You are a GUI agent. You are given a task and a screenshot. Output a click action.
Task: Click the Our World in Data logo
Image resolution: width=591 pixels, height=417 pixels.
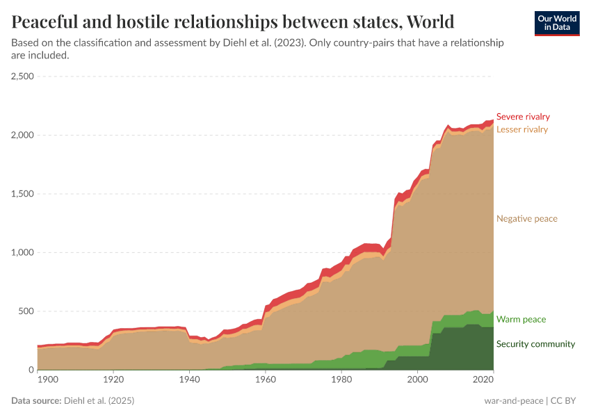click(556, 23)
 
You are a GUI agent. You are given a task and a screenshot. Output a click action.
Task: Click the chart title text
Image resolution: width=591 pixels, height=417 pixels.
click(233, 22)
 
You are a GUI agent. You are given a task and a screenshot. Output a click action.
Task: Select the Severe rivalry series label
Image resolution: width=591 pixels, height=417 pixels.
click(522, 117)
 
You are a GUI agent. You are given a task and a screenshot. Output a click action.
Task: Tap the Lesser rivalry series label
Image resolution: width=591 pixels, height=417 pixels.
click(521, 129)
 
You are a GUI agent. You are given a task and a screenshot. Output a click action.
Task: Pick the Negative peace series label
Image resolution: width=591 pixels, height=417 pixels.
click(526, 219)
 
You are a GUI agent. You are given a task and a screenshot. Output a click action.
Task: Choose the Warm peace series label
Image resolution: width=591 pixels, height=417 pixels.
click(521, 320)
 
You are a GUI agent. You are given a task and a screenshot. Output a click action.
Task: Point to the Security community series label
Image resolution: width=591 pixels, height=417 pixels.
click(535, 344)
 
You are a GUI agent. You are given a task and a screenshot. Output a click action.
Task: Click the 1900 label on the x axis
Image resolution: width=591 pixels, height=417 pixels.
click(48, 380)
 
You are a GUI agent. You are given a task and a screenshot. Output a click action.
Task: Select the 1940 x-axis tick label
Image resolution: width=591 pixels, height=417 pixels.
click(189, 380)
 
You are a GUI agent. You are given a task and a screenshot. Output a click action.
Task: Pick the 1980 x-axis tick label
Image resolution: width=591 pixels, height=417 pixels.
click(341, 380)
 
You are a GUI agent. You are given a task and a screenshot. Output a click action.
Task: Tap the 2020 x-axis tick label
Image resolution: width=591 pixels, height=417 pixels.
click(482, 380)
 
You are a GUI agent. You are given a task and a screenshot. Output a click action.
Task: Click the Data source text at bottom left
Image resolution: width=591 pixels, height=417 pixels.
click(73, 401)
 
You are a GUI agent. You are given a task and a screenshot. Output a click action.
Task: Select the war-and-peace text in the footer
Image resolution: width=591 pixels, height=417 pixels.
click(514, 401)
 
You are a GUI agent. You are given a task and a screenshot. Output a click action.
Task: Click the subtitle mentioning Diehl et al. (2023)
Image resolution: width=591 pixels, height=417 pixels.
click(257, 49)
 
